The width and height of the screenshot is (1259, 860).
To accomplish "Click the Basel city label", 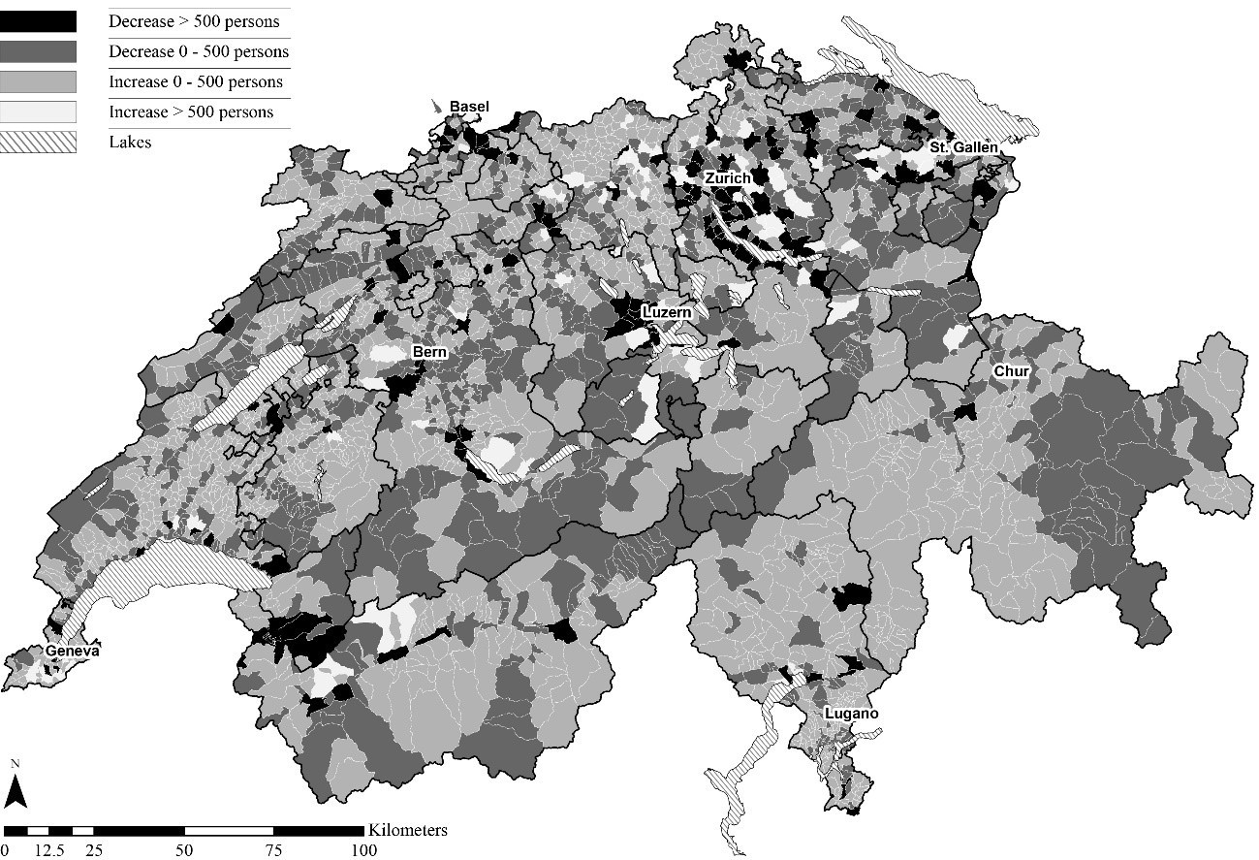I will tap(469, 107).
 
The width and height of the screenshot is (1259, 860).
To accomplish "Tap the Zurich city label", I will tap(727, 178).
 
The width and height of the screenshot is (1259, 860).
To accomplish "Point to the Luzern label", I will tap(666, 312).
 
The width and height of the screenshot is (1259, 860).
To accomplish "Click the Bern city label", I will tap(429, 352).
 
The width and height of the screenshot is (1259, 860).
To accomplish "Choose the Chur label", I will tap(1010, 371).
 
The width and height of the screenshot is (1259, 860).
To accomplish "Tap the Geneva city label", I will tap(71, 652).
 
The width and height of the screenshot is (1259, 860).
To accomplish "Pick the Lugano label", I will tap(851, 714).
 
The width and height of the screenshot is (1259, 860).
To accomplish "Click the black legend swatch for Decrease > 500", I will tap(39, 21).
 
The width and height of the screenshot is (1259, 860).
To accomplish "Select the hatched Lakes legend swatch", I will tap(39, 142).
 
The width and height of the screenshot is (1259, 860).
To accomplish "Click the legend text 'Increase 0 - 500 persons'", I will tap(196, 81).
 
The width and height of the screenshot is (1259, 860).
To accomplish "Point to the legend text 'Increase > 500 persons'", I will tap(191, 111).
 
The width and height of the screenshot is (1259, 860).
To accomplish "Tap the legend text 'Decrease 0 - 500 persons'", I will tap(199, 51).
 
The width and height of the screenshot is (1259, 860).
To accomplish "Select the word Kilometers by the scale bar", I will tap(407, 830).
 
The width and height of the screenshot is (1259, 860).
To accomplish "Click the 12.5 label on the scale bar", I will tap(48, 850).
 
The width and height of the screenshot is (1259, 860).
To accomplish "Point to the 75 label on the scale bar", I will tap(274, 850).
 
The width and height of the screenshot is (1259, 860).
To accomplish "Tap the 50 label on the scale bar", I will tap(185, 850).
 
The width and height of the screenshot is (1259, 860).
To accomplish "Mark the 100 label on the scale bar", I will tap(363, 850).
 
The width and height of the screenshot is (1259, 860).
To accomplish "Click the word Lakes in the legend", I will tap(130, 142).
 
